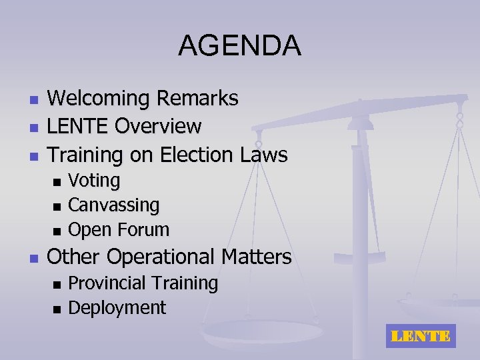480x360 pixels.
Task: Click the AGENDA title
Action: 239,47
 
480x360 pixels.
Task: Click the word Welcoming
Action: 99,99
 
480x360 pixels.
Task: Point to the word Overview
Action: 158,126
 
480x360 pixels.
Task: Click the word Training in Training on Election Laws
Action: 85,155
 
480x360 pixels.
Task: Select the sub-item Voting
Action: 95,181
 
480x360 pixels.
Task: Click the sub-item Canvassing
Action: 114,205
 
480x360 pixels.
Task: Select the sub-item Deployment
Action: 117,308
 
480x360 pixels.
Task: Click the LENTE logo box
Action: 420,337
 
